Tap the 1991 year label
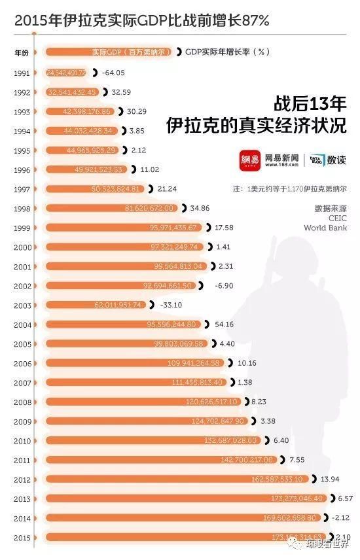[x=21, y=73]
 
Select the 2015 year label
[x=21, y=538]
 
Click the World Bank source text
[x=325, y=228]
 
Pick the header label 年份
[x=21, y=52]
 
